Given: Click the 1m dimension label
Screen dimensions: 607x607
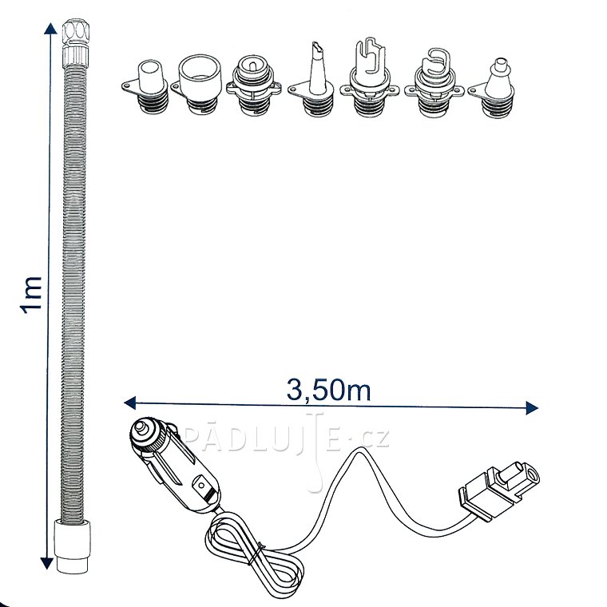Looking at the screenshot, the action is [31, 294].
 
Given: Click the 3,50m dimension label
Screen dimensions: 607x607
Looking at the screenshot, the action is [329, 390].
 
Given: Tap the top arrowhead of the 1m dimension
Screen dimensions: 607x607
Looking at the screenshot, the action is [50, 28].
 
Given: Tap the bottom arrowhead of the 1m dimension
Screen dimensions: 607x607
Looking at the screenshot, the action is [47, 563].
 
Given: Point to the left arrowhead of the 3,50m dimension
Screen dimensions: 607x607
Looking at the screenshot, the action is [129, 403].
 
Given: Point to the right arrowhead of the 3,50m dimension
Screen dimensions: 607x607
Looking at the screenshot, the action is [532, 407].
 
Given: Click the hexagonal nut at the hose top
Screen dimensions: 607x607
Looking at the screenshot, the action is [76, 32].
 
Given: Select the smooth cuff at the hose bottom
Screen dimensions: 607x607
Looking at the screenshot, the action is [73, 546].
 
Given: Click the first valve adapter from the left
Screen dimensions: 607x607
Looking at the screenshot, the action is [146, 87].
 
